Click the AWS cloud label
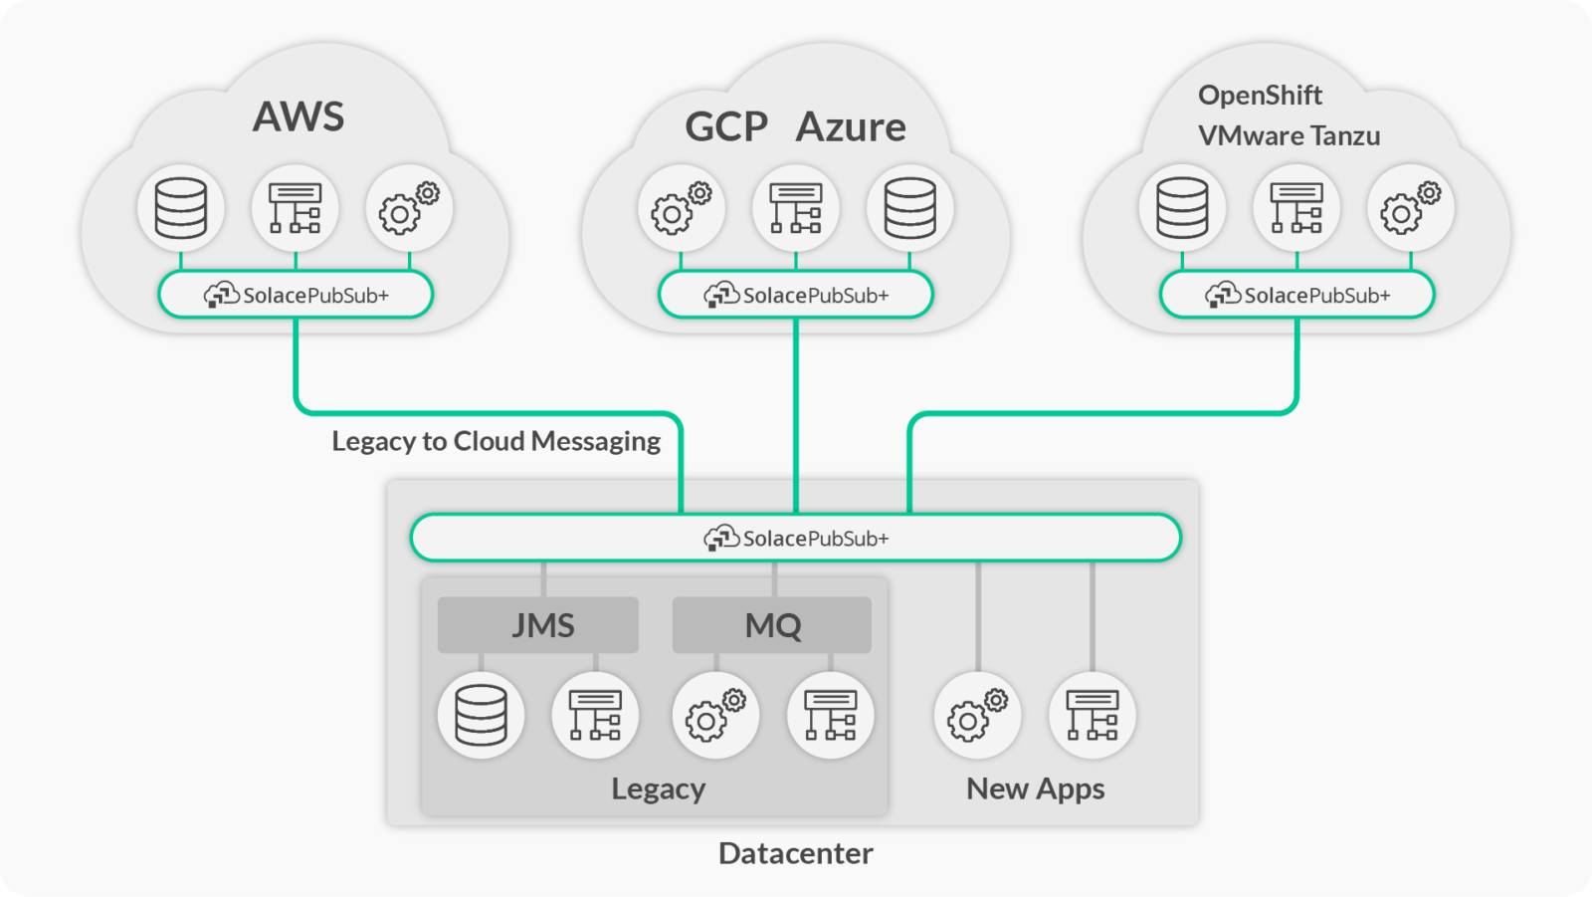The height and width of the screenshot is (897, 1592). [298, 116]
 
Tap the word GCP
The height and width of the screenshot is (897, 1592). [726, 127]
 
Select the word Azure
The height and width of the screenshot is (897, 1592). [851, 127]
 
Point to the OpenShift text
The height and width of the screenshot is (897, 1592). [1260, 96]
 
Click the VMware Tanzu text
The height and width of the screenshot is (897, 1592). [1289, 135]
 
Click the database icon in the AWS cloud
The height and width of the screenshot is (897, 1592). [181, 208]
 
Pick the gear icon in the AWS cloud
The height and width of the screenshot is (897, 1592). [409, 208]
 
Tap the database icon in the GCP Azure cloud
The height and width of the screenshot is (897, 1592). [909, 208]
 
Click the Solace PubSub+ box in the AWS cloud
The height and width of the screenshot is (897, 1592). [296, 295]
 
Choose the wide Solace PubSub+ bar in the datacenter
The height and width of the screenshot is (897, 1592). [795, 539]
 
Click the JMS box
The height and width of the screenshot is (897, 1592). [538, 625]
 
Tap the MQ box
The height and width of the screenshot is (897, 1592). [772, 625]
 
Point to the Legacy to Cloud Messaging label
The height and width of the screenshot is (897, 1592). [496, 441]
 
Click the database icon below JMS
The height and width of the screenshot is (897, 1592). [481, 715]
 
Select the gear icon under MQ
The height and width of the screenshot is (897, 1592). [715, 715]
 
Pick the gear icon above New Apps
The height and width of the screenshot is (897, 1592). [977, 715]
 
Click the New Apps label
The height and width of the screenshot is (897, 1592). [1035, 788]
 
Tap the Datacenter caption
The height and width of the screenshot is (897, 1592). [795, 853]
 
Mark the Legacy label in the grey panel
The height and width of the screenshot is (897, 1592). [658, 788]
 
